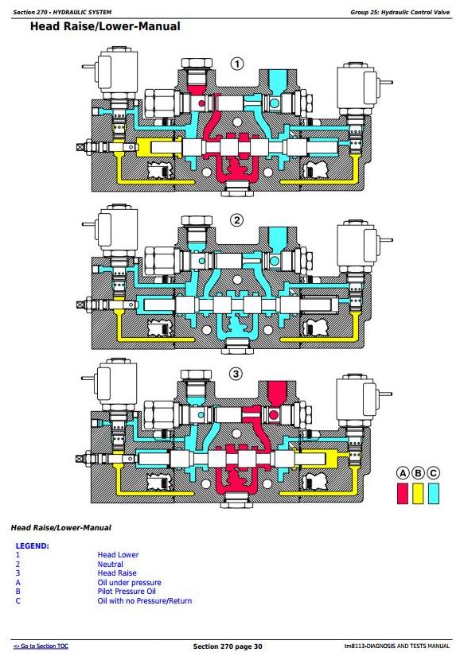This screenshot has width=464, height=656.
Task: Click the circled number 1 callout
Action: (x=237, y=64)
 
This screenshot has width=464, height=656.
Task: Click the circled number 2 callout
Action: (x=237, y=220)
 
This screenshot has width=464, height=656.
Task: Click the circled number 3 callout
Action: (x=236, y=374)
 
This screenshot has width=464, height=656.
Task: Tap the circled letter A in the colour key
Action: (x=403, y=473)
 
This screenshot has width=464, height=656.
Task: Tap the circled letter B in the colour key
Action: (x=418, y=473)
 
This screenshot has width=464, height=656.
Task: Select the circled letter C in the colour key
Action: (x=433, y=473)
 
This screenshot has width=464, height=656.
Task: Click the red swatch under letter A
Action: (x=403, y=493)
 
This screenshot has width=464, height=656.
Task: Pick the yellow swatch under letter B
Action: (x=418, y=493)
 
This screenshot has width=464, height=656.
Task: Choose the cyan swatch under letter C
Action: (x=434, y=493)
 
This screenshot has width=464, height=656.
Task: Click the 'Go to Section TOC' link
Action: (x=41, y=646)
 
